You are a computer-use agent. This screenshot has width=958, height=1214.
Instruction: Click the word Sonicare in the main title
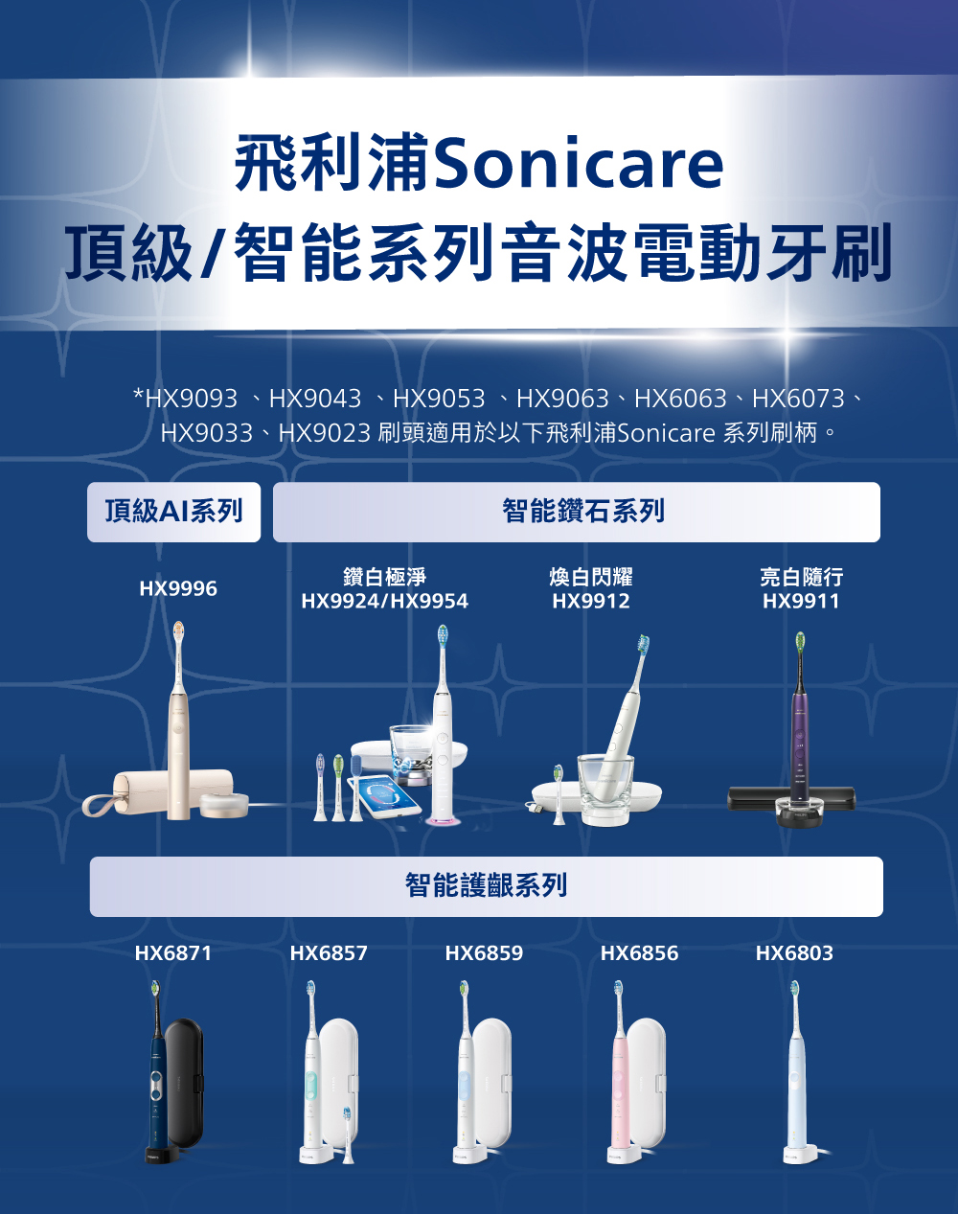(579, 164)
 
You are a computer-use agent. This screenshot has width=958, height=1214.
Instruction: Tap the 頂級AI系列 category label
(173, 512)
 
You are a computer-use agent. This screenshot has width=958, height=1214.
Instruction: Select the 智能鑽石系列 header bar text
(582, 512)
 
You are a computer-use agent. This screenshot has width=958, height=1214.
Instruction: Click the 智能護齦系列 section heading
(486, 885)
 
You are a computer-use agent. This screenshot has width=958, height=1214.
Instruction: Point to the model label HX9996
(178, 588)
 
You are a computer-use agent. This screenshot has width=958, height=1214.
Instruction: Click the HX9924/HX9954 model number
(384, 601)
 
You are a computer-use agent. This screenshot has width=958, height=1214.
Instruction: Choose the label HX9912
(591, 601)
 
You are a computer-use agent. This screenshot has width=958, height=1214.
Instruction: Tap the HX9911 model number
(801, 601)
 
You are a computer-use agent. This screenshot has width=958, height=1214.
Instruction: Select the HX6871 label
(173, 953)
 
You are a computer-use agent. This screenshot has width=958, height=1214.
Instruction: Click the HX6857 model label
(329, 953)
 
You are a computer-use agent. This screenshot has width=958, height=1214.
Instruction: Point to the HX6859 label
(484, 953)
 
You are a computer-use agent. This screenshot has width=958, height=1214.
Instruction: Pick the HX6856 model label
(639, 953)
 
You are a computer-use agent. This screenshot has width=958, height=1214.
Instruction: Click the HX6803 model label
(794, 953)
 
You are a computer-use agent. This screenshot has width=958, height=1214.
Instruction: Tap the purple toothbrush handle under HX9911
(800, 738)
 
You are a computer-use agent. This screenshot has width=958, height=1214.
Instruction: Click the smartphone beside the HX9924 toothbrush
(383, 795)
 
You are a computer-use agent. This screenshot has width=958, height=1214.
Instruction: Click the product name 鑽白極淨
(384, 577)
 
